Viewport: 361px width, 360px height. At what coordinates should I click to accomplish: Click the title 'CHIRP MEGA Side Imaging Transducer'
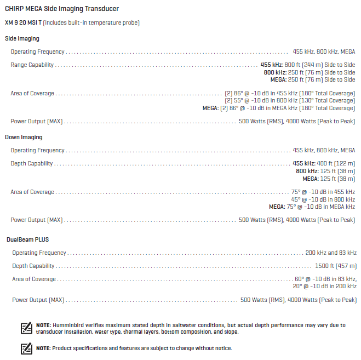(x=61, y=9)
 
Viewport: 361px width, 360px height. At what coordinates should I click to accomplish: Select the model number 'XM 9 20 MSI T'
(x=22, y=22)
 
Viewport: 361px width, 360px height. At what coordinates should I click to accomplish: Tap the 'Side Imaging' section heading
(x=22, y=39)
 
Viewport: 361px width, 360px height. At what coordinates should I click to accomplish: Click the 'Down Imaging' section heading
(x=24, y=137)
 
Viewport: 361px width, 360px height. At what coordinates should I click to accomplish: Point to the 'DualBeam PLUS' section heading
(x=28, y=239)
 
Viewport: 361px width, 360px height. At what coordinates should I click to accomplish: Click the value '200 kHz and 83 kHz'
(x=331, y=253)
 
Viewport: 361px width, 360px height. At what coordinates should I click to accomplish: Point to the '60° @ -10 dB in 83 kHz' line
(x=325, y=279)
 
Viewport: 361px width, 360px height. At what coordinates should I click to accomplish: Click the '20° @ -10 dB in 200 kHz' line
(x=324, y=286)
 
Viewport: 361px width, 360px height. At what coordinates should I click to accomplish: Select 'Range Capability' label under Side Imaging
(x=32, y=65)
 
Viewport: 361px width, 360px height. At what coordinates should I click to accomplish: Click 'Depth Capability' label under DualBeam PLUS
(x=33, y=266)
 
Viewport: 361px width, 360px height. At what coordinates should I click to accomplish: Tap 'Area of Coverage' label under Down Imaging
(x=32, y=192)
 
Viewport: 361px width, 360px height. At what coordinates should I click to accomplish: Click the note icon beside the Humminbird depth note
(x=26, y=328)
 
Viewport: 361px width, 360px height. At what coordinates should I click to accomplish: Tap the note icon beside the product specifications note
(x=26, y=348)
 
